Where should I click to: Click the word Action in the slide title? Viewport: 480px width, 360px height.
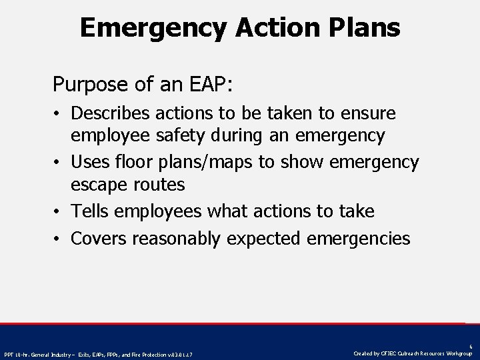click(x=252, y=27)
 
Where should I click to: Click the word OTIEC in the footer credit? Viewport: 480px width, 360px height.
click(x=389, y=353)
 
